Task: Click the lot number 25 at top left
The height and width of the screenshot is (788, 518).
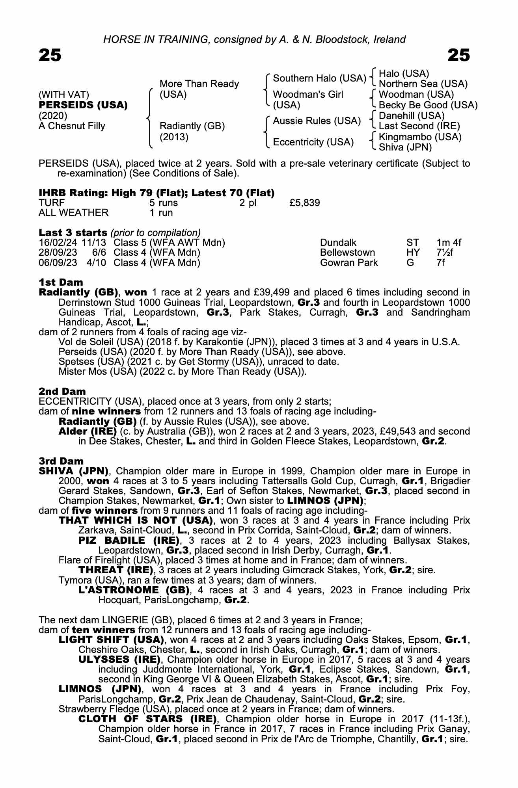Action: pyautogui.click(x=50, y=55)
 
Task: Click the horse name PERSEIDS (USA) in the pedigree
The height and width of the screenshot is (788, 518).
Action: pyautogui.click(x=83, y=105)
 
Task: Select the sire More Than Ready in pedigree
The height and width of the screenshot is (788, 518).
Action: pyautogui.click(x=199, y=84)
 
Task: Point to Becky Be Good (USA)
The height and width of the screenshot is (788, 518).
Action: pyautogui.click(x=428, y=105)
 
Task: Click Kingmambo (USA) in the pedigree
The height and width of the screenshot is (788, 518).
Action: pyautogui.click(x=420, y=137)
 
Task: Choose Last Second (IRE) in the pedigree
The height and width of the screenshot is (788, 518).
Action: pyautogui.click(x=419, y=126)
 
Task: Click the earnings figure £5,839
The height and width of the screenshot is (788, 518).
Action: pyautogui.click(x=304, y=203)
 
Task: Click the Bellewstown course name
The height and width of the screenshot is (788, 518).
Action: pyautogui.click(x=347, y=253)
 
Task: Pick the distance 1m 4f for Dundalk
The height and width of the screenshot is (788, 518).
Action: pyautogui.click(x=449, y=243)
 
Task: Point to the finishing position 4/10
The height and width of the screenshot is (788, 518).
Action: pyautogui.click(x=96, y=262)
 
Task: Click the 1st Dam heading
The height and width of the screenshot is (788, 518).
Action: pyautogui.click(x=61, y=282)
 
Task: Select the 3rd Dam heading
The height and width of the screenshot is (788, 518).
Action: pyautogui.click(x=61, y=461)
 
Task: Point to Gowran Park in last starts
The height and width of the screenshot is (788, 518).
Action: pyautogui.click(x=349, y=262)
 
